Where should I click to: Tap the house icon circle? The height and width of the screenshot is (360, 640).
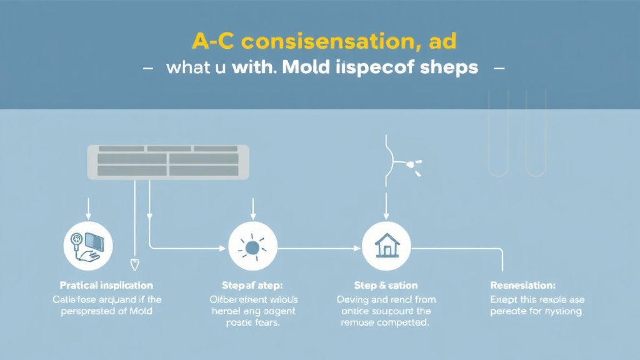point(386,246)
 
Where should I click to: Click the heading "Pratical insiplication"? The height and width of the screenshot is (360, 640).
point(107,286)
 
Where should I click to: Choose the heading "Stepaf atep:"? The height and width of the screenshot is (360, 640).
point(253,286)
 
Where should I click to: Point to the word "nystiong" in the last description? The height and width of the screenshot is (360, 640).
point(561,311)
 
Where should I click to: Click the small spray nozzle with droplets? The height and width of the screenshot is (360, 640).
point(412,166)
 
